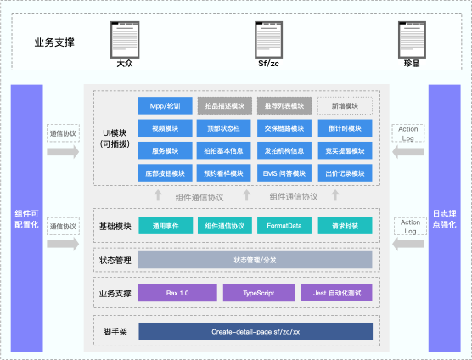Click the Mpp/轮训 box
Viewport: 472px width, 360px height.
[x=165, y=106]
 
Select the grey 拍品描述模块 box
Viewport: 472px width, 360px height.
[x=224, y=106]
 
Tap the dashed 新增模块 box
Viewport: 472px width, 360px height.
[x=345, y=106]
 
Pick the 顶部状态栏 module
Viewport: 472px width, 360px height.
[x=224, y=128]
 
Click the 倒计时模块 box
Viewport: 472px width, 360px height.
[x=345, y=128]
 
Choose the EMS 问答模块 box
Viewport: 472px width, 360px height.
[x=284, y=173]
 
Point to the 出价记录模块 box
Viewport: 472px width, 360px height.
[x=345, y=173]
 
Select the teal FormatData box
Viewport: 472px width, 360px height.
[x=284, y=227]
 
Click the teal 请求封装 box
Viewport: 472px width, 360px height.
[x=345, y=227]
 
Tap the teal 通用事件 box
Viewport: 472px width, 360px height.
[x=165, y=227]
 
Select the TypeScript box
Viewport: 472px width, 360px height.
[x=256, y=293]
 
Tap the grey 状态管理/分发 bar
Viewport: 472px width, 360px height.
[x=255, y=260]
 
